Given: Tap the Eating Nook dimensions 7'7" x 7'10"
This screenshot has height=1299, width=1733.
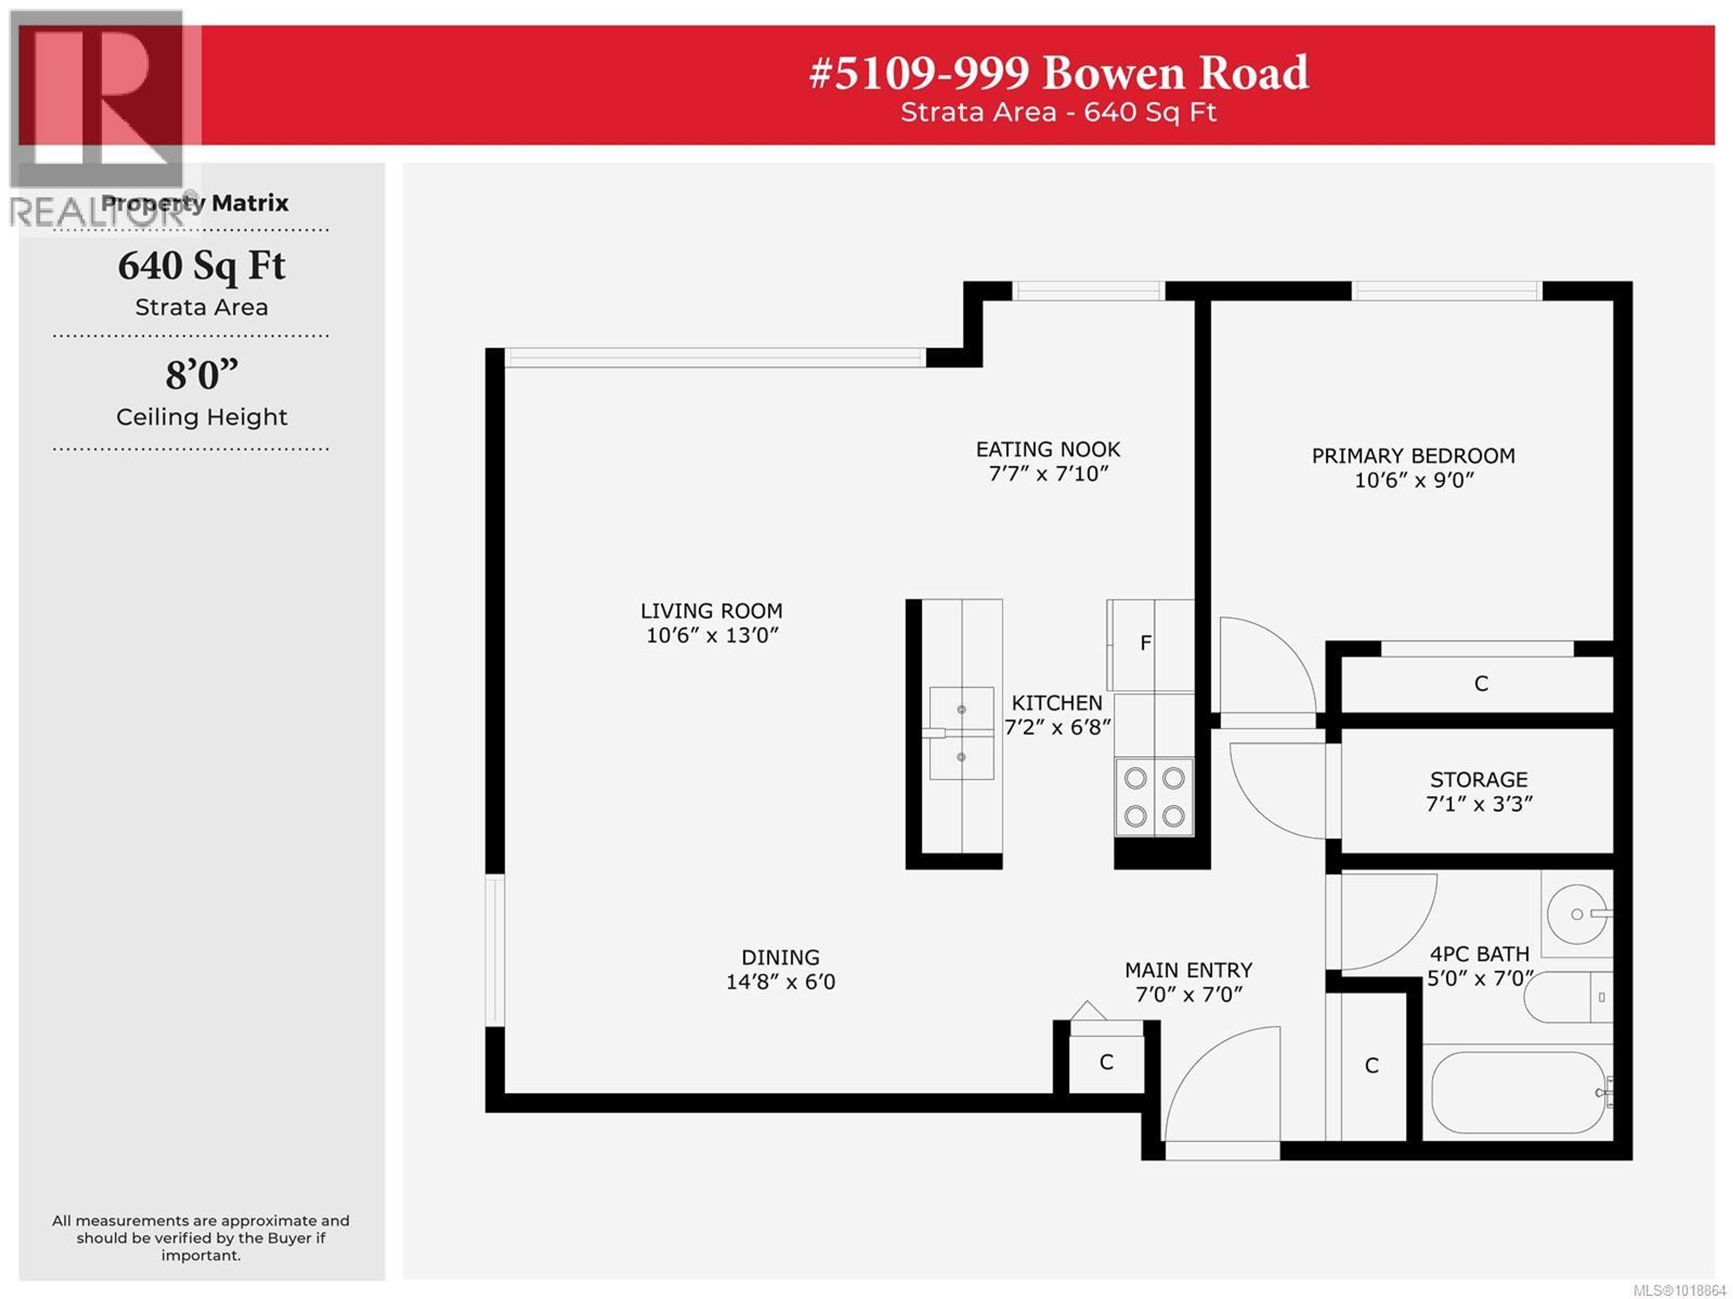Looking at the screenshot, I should click(x=1048, y=473).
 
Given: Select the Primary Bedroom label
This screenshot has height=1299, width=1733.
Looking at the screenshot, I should click(x=1413, y=455).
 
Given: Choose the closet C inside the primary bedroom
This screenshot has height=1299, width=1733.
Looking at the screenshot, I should click(x=1480, y=684).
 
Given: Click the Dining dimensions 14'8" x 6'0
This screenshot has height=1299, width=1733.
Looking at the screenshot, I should click(x=780, y=982).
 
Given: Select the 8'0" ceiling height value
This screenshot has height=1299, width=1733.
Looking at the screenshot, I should click(x=201, y=375).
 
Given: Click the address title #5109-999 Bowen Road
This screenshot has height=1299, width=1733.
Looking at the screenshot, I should click(x=1058, y=73).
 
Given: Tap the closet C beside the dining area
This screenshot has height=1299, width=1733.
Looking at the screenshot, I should click(x=1105, y=1062).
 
